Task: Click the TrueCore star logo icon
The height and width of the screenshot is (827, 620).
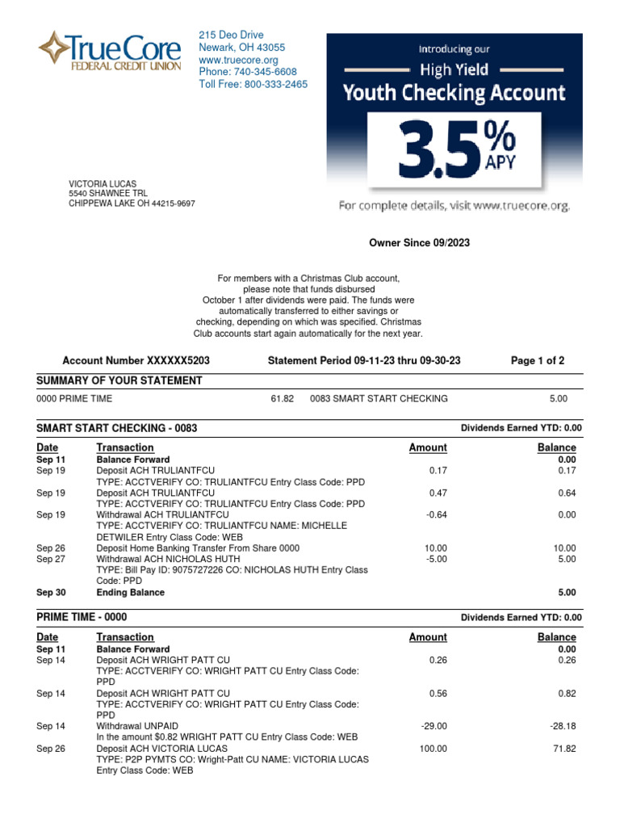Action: [x=54, y=48]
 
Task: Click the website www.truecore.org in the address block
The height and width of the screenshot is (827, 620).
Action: [x=238, y=60]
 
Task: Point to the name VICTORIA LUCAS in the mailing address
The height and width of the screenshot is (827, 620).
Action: [x=101, y=184]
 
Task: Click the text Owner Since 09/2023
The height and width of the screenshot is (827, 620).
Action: [x=419, y=242]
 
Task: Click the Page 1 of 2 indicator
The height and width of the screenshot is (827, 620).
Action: [x=538, y=360]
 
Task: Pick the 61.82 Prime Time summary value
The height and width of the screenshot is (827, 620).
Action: [x=282, y=399]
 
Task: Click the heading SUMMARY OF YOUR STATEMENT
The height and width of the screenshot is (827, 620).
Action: [x=119, y=380]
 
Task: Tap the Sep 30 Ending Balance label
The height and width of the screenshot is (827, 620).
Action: [x=130, y=592]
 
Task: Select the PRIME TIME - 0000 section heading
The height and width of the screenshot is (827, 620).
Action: [x=82, y=617]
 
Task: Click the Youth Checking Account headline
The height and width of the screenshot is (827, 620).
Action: [x=454, y=92]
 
